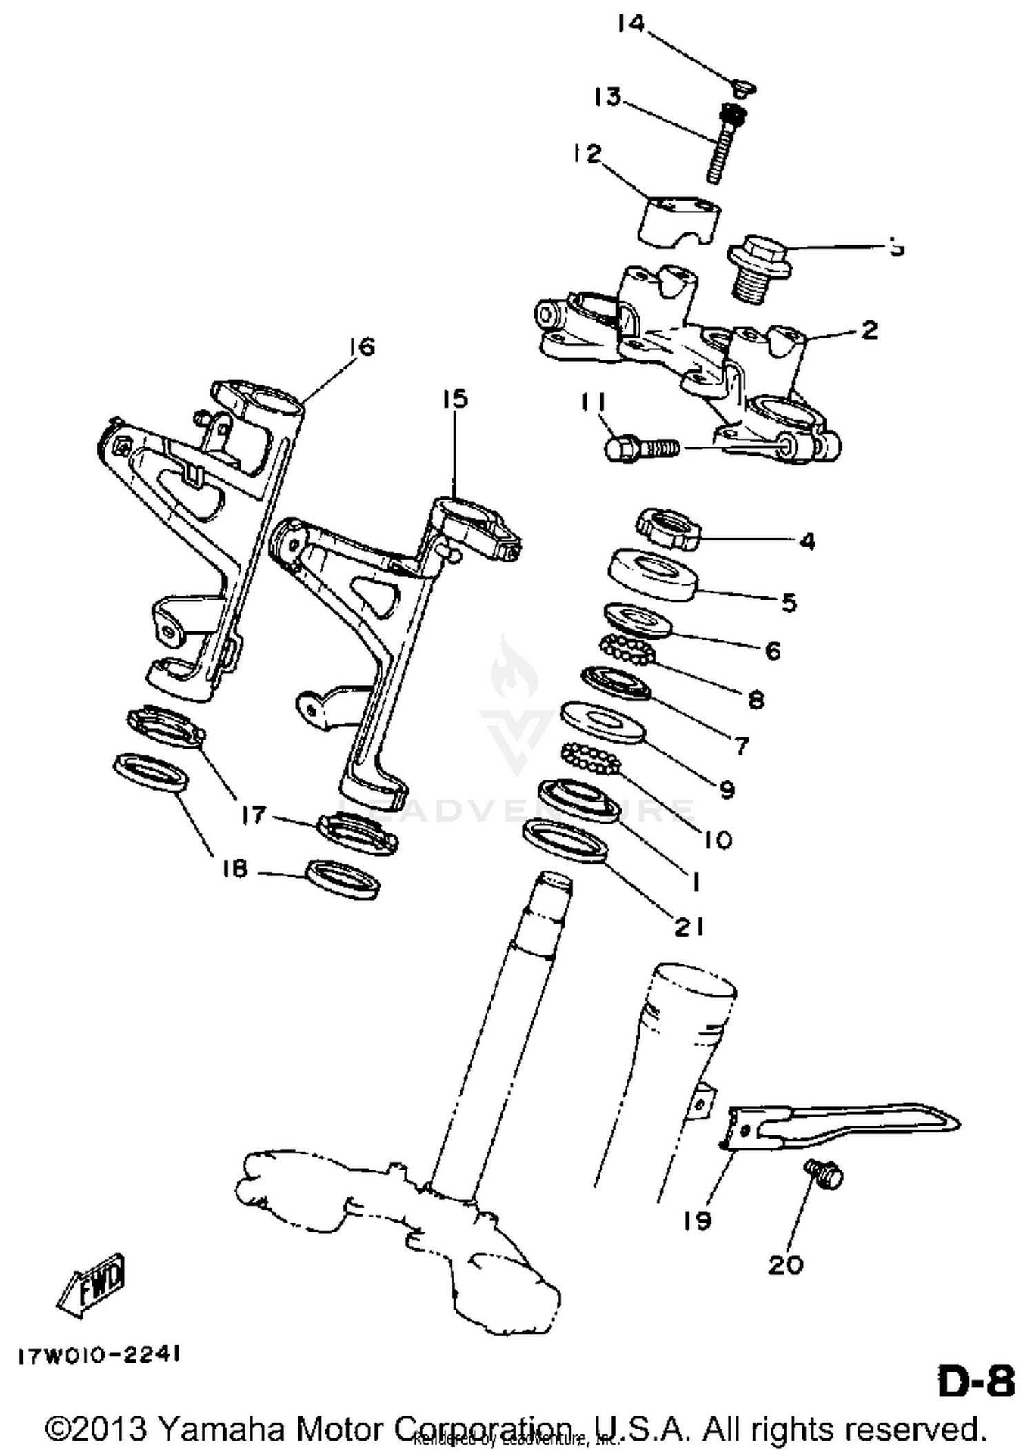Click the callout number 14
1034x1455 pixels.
[x=631, y=24]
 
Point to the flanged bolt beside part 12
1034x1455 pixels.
[x=758, y=270]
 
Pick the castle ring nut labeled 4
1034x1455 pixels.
[x=667, y=529]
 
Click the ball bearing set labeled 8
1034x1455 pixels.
[x=625, y=651]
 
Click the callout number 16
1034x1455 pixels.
[x=361, y=347]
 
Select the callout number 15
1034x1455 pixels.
[x=455, y=399]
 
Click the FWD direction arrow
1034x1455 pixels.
[x=92, y=1285]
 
